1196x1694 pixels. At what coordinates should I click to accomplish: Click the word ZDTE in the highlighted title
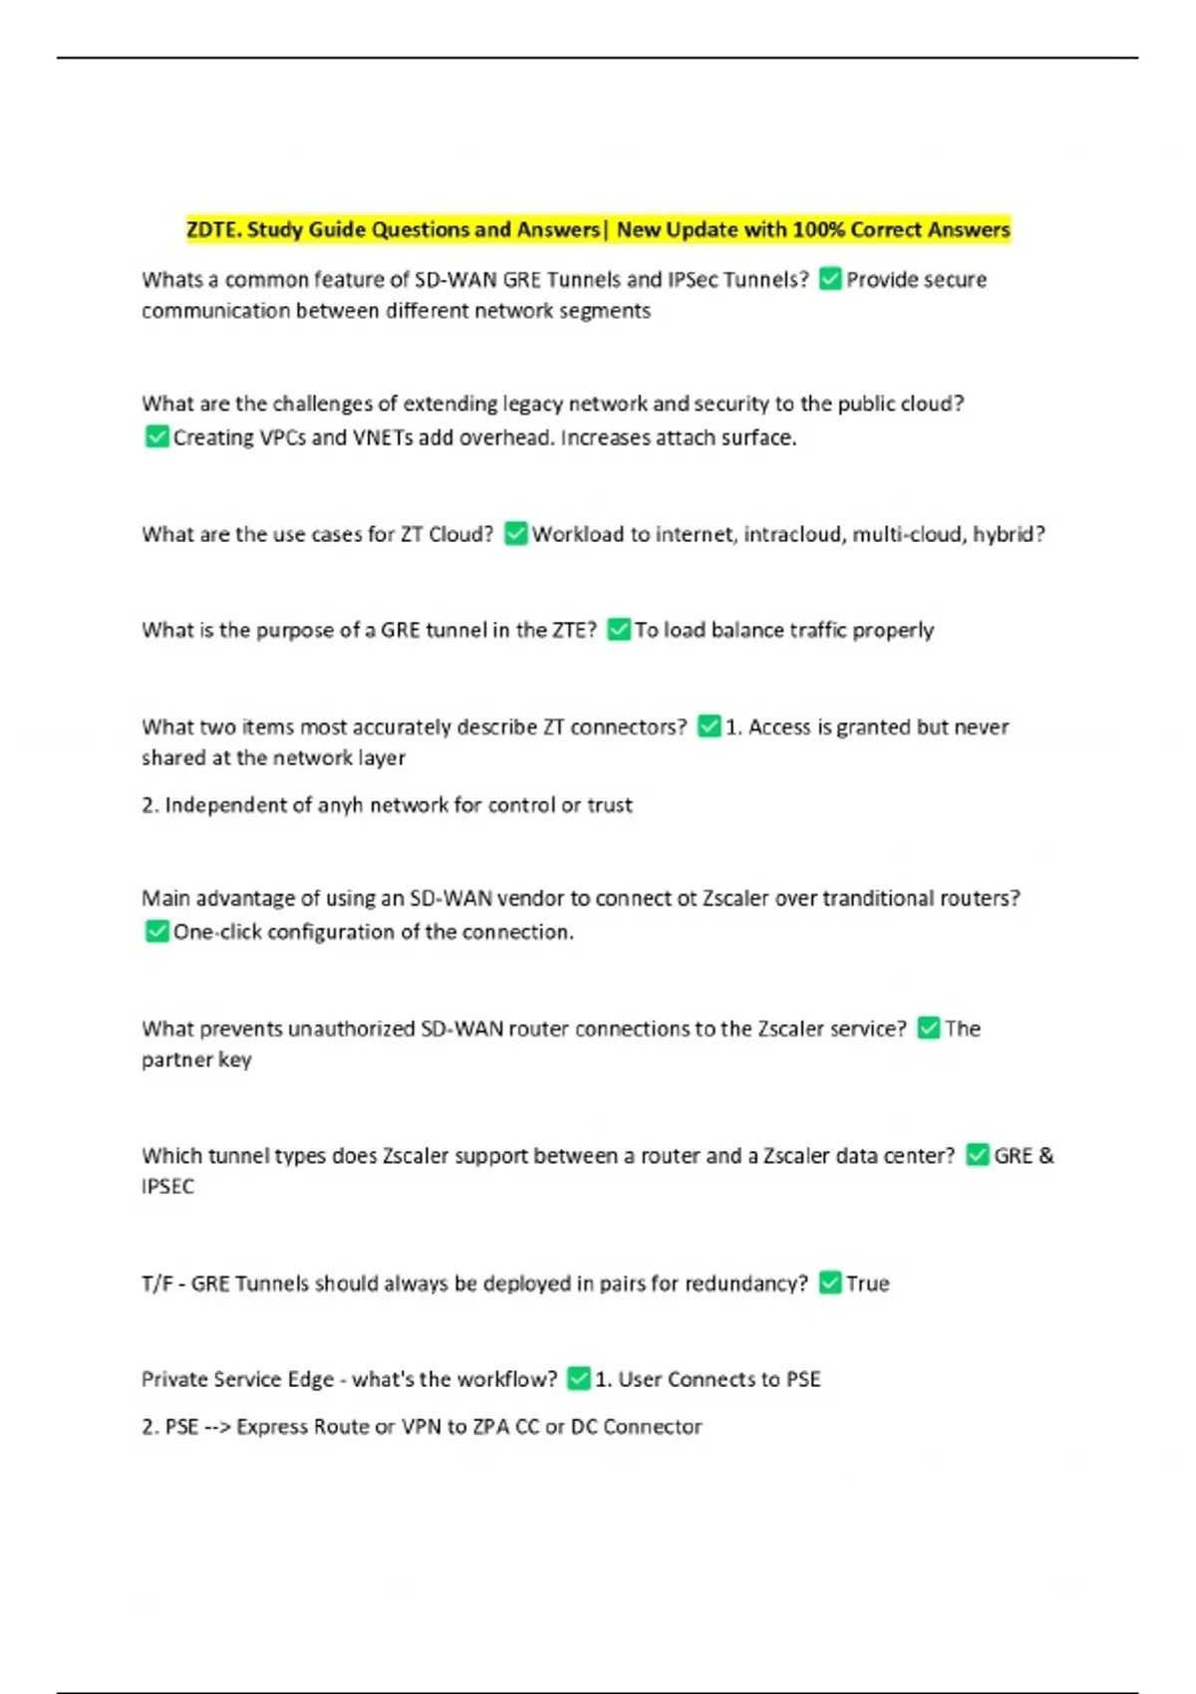212,230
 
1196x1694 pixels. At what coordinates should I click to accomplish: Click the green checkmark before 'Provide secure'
829,279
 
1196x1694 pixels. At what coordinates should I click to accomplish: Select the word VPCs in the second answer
282,437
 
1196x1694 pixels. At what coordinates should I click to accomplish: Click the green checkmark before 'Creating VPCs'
156,436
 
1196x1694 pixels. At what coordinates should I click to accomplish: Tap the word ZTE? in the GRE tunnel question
574,630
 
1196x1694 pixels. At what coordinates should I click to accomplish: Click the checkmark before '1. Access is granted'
709,726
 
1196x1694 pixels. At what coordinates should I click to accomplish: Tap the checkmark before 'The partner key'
928,1027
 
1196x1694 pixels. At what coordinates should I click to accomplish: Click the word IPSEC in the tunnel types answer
167,1187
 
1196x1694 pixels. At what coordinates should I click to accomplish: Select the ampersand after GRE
1046,1156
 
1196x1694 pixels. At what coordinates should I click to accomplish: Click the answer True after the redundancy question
867,1283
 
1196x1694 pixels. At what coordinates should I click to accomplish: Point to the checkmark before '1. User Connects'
578,1378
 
